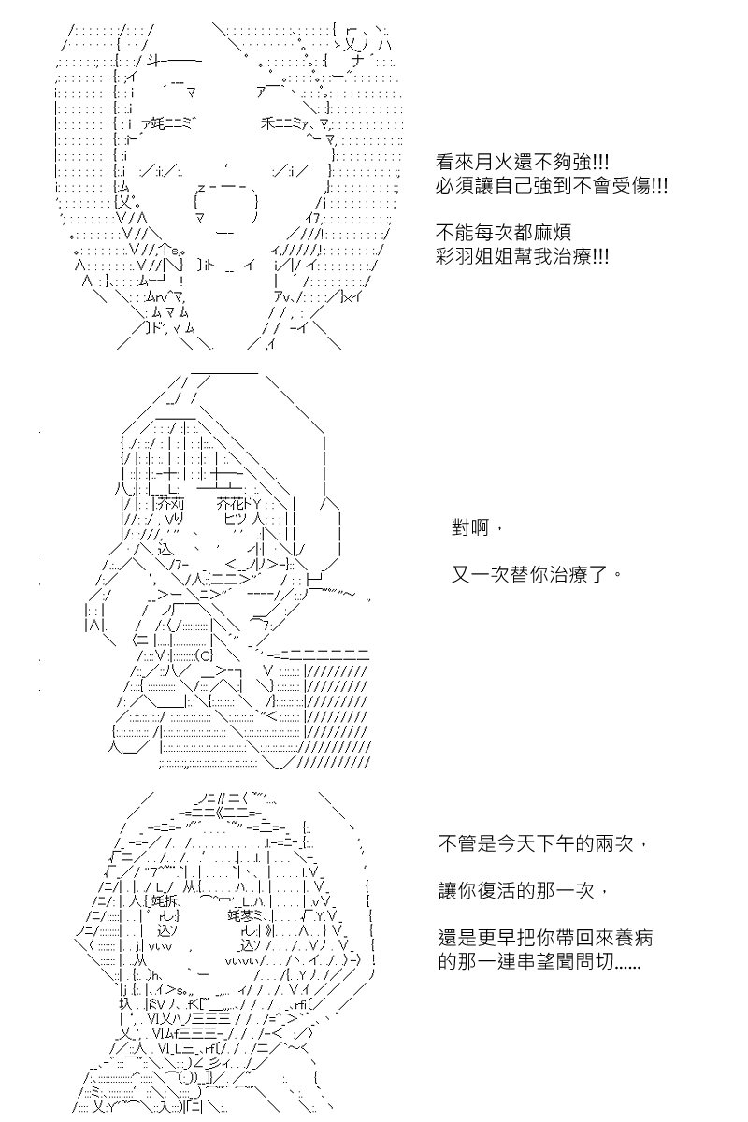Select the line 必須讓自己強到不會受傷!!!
(x=552, y=186)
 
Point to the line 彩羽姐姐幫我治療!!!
(x=523, y=255)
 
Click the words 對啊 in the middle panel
(x=476, y=529)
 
